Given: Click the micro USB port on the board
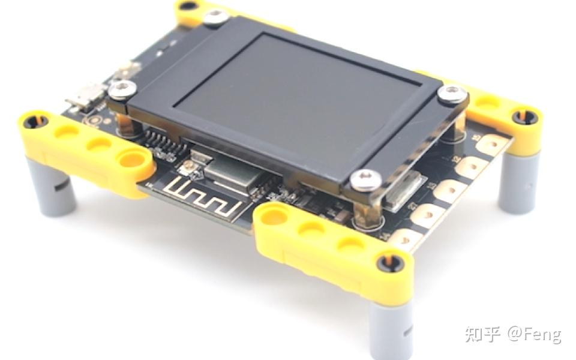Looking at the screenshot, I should pos(84,98).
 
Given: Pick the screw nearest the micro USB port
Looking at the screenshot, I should pos(122,90).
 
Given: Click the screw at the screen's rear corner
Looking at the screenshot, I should pos(216,17).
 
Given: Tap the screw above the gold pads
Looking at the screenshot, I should pos(451,94).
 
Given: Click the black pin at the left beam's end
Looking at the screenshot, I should pos(36,121).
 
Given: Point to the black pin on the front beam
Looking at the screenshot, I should pos(389,262).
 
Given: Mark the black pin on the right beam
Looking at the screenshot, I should pos(526,116).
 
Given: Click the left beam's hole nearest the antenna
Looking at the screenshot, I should pos(131,158).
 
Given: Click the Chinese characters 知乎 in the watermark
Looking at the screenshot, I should pos(482,334).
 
